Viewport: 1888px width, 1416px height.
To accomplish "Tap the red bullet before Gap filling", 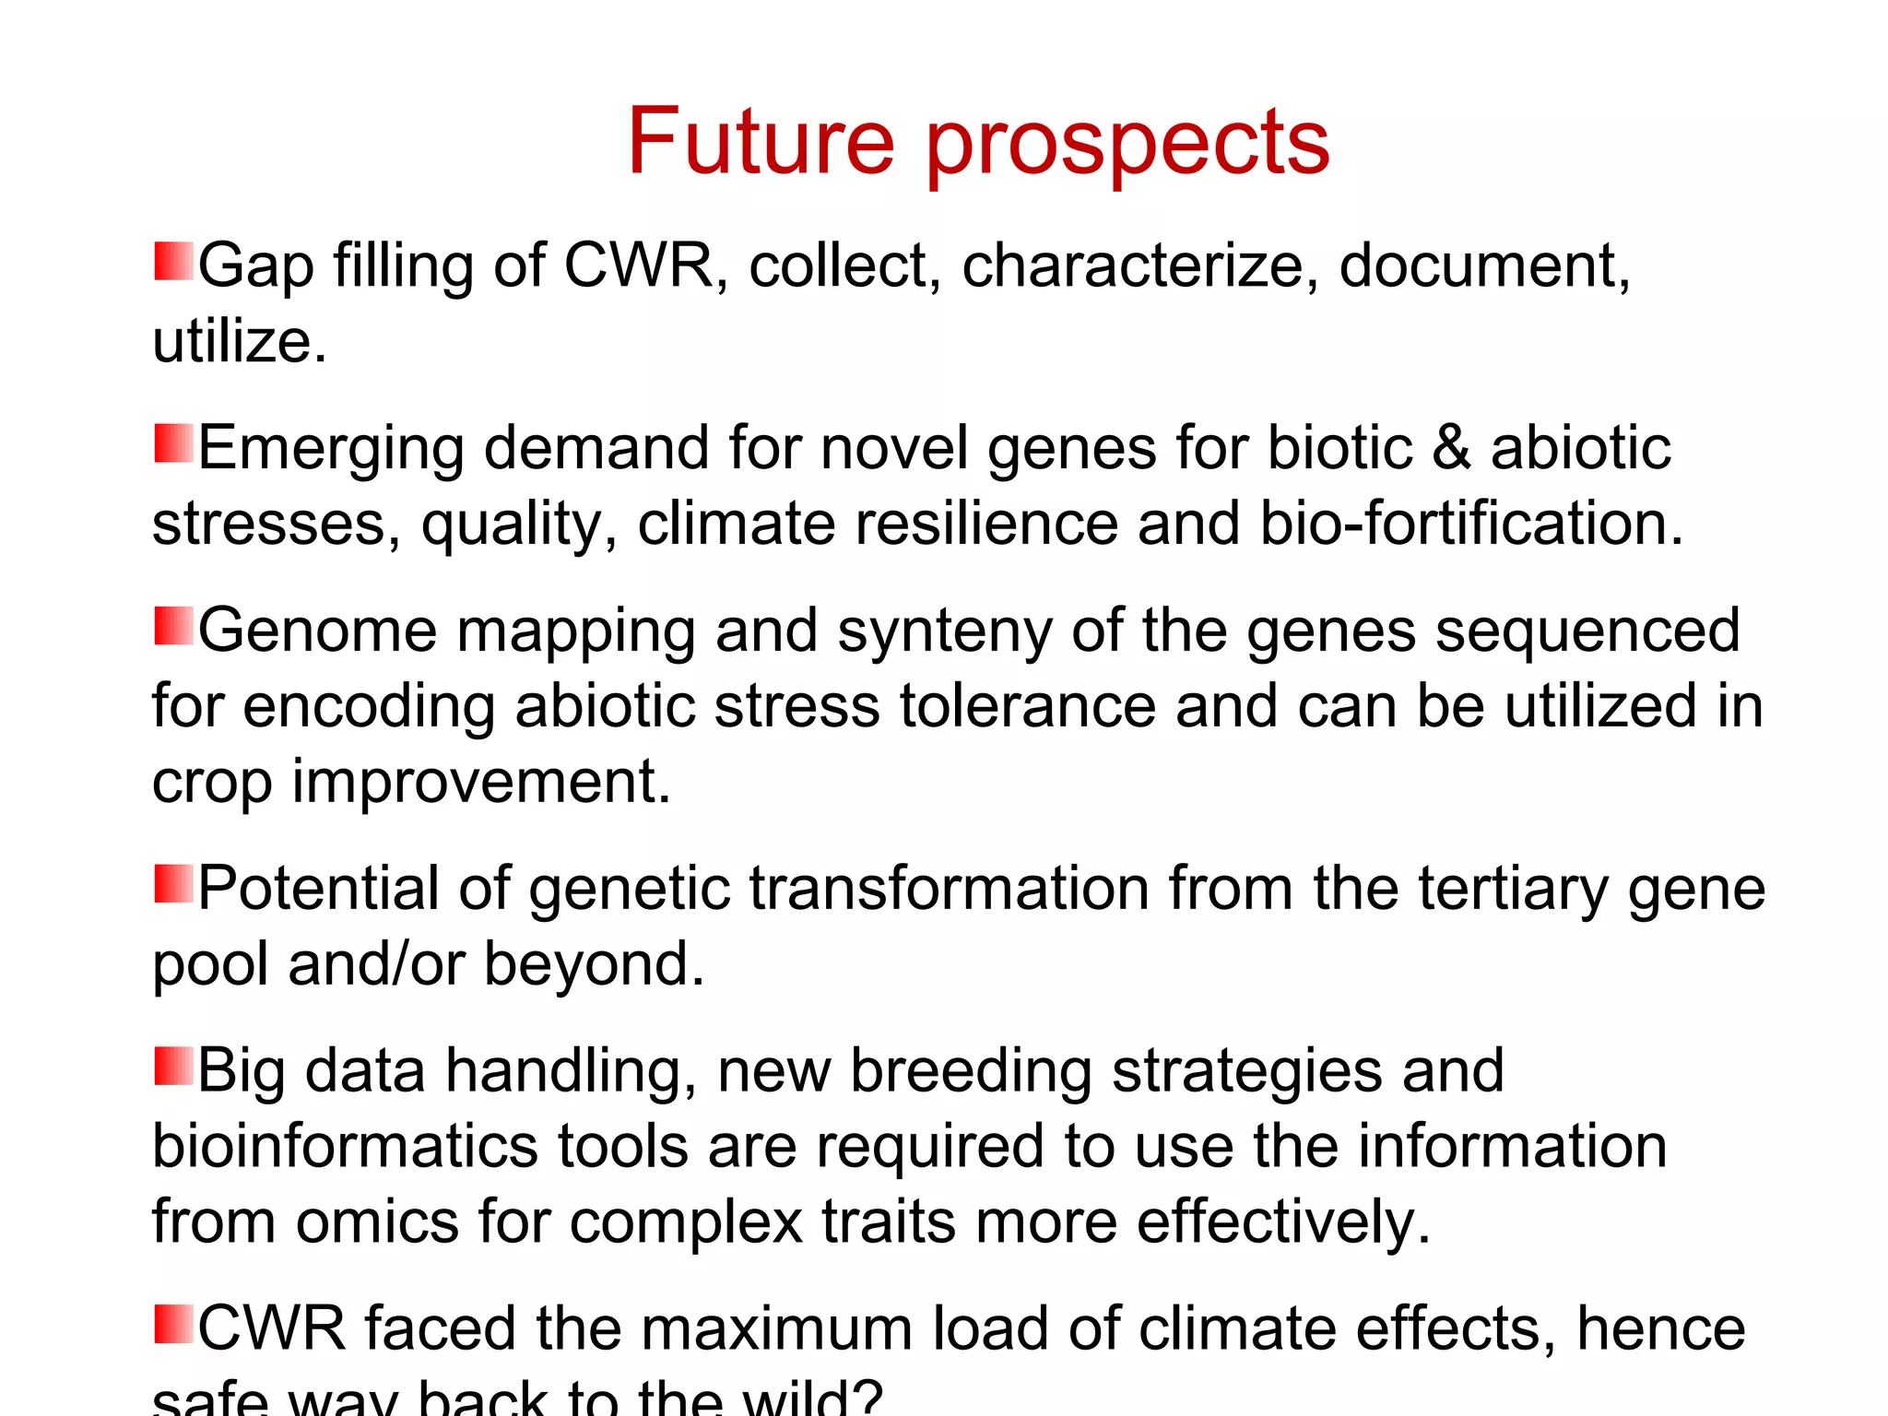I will (x=173, y=262).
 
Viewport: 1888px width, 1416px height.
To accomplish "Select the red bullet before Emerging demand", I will (x=173, y=443).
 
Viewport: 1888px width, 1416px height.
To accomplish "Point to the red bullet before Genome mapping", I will (x=173, y=626).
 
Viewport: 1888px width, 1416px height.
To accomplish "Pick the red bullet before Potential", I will (x=173, y=884).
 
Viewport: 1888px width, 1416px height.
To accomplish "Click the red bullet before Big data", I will (x=173, y=1067).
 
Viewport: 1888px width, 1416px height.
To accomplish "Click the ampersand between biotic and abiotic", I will (x=1451, y=448).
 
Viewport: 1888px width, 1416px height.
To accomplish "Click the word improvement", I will (x=480, y=783).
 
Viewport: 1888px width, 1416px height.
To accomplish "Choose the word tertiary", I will (x=1514, y=891).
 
